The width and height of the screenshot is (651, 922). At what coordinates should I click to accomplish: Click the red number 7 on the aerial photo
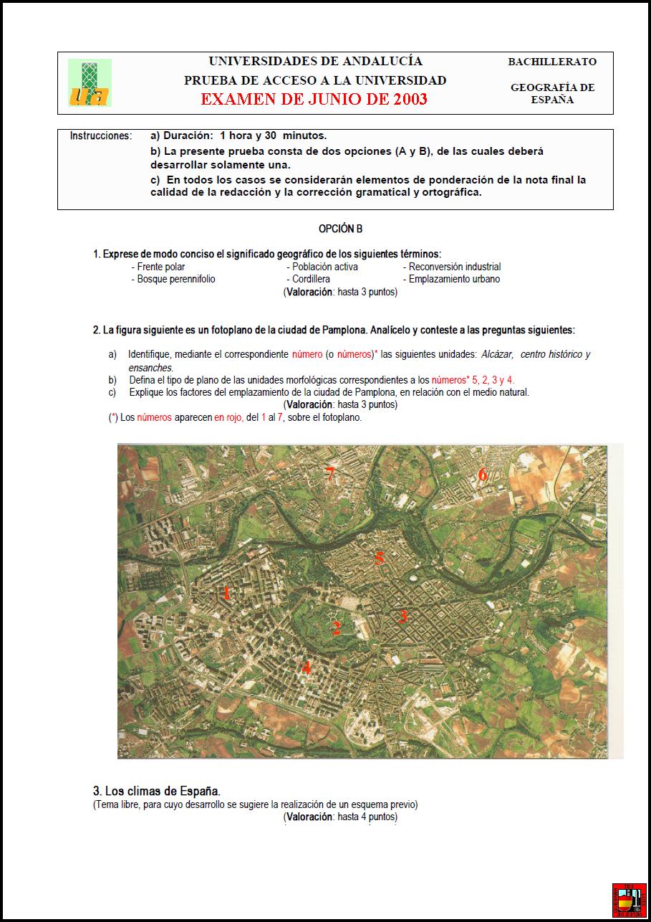pyautogui.click(x=329, y=474)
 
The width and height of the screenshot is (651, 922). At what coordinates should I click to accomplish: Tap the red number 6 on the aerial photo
pyautogui.click(x=483, y=474)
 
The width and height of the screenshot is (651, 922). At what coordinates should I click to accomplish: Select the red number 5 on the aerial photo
pyautogui.click(x=380, y=558)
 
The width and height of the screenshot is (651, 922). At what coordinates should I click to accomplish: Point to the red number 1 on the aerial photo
pyautogui.click(x=227, y=593)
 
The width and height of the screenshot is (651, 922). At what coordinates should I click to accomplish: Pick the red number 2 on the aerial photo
pyautogui.click(x=336, y=629)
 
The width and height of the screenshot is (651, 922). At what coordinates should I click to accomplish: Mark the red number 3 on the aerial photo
pyautogui.click(x=403, y=615)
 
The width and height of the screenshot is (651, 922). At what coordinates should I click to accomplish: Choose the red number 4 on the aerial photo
pyautogui.click(x=306, y=667)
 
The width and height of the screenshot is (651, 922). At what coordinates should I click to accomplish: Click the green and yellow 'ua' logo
pyautogui.click(x=90, y=83)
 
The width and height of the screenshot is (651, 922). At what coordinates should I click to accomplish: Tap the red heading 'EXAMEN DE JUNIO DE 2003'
pyautogui.click(x=314, y=99)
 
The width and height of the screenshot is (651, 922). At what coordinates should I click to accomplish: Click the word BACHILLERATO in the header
pyautogui.click(x=552, y=62)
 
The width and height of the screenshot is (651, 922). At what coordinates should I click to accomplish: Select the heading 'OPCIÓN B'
pyautogui.click(x=340, y=229)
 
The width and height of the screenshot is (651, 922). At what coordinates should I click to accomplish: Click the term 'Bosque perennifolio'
pyautogui.click(x=176, y=279)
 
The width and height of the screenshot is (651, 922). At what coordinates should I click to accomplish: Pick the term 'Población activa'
pyautogui.click(x=325, y=267)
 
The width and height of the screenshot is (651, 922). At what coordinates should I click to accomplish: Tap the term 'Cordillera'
pyautogui.click(x=311, y=279)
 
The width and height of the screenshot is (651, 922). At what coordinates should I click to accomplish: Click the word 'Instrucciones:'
pyautogui.click(x=101, y=136)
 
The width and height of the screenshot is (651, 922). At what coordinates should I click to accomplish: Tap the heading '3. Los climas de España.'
pyautogui.click(x=157, y=791)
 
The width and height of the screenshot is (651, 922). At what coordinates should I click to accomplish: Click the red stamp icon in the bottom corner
pyautogui.click(x=630, y=900)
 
